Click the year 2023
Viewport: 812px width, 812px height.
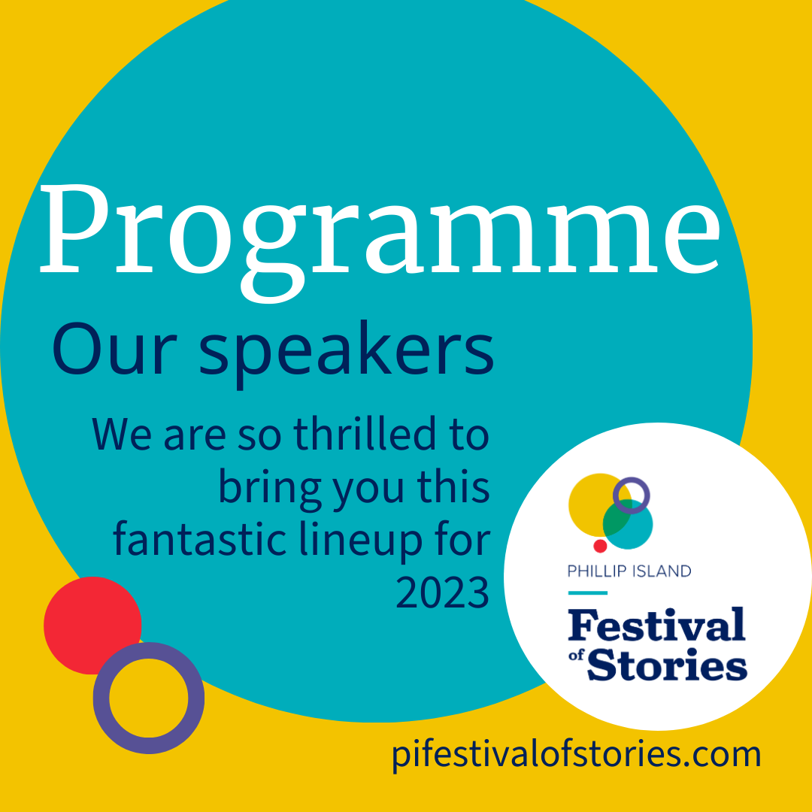[x=442, y=594]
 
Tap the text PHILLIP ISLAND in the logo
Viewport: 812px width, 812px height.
[x=629, y=571]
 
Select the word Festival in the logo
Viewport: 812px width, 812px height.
[x=656, y=625]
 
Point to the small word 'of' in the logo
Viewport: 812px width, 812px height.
[x=577, y=656]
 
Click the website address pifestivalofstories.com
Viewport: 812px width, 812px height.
[x=576, y=753]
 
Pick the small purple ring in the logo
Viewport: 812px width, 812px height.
[x=632, y=495]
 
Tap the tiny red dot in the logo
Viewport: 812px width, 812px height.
[x=600, y=546]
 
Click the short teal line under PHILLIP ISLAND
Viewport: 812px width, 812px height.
[x=587, y=592]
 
